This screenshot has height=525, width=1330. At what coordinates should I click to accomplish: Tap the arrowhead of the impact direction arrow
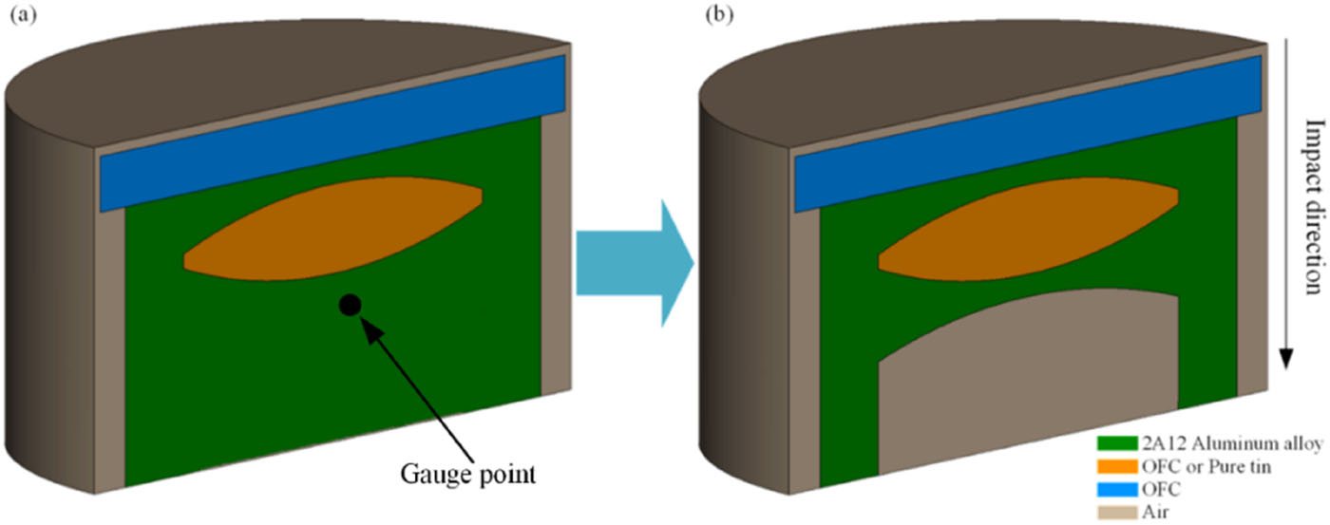pos(1286,358)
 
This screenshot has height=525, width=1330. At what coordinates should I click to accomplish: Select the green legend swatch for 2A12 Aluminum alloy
pos(1111,443)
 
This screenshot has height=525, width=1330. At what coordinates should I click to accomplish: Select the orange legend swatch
pos(1111,466)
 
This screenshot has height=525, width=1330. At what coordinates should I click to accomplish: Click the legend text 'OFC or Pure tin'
pos(1191,466)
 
